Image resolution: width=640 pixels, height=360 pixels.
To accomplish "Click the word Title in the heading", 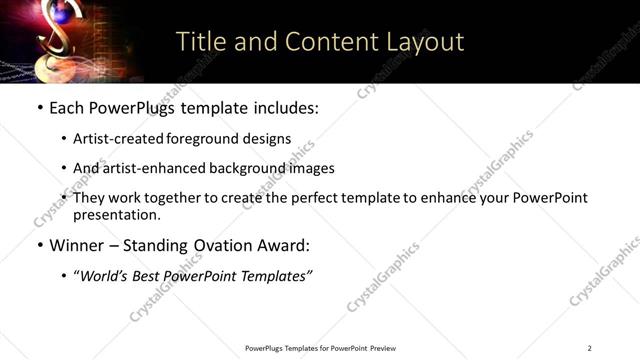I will pos(199,42).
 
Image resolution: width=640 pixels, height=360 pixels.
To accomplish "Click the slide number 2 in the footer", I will pos(589,348).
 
